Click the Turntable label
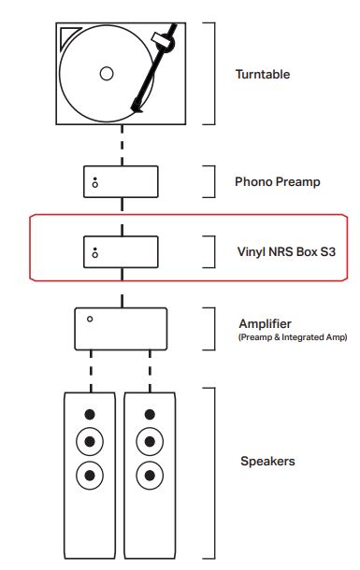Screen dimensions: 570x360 click(264, 73)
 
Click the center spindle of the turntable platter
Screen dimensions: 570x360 click(106, 73)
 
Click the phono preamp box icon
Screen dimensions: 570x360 click(120, 181)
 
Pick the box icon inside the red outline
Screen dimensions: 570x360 click(120, 251)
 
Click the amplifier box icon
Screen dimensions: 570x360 click(120, 327)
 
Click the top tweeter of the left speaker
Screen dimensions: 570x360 click(90, 415)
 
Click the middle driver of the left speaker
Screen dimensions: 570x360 click(90, 442)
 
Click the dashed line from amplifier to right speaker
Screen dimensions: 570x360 click(150, 371)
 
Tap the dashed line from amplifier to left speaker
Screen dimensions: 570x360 click(90, 371)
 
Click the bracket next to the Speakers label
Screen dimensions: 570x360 click(216, 467)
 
